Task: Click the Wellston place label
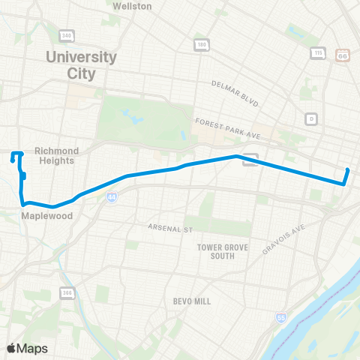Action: click(x=132, y=6)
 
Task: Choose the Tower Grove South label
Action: click(x=216, y=251)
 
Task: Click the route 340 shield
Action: click(x=67, y=36)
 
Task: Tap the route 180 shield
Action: click(x=201, y=45)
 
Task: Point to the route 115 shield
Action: click(x=318, y=53)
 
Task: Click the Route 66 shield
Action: click(x=343, y=55)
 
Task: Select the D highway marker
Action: click(x=310, y=118)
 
